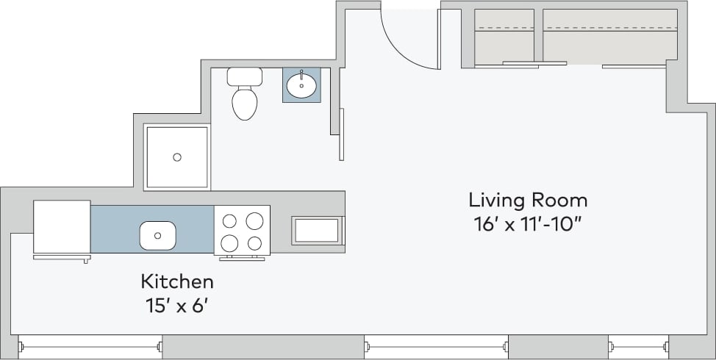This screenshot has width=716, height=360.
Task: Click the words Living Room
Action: click(528, 200)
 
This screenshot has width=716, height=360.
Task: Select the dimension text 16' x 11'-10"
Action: click(528, 224)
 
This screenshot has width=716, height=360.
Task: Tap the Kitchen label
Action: click(177, 281)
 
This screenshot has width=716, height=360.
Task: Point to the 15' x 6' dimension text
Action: click(177, 304)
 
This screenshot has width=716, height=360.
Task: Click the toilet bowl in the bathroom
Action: click(245, 104)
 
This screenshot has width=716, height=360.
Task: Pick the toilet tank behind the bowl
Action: click(245, 76)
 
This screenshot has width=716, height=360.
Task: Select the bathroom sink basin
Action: click(301, 85)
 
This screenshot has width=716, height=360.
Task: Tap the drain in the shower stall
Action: click(176, 156)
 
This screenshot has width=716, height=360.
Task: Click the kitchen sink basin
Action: click(158, 235)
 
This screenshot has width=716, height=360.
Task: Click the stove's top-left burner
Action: click(230, 220)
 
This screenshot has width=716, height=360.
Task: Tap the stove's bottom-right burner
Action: click(254, 243)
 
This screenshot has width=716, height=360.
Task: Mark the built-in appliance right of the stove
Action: click(318, 230)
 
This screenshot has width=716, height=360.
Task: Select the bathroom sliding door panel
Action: click(341, 134)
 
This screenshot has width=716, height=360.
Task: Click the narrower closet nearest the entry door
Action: click(504, 37)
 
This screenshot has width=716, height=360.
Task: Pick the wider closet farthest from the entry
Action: click(609, 37)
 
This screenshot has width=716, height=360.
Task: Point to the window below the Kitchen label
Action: click(89, 346)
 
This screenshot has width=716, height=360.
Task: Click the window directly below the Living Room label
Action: click(435, 346)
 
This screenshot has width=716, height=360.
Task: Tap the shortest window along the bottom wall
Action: click(637, 346)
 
